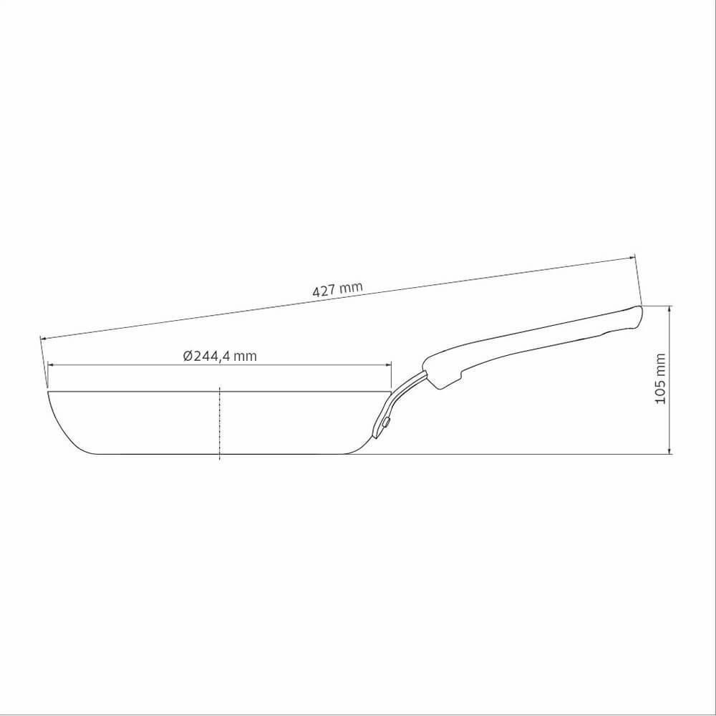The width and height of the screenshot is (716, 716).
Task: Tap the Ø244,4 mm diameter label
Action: click(220, 356)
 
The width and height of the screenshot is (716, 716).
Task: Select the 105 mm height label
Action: click(660, 379)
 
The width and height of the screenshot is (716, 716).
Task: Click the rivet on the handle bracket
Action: click(387, 422)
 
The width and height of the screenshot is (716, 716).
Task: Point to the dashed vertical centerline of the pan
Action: click(220, 423)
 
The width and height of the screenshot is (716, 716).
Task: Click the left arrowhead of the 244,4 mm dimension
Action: click(51, 365)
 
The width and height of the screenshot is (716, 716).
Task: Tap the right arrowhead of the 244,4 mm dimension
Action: click(388, 365)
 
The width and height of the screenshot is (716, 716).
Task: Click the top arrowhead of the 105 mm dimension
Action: click(669, 309)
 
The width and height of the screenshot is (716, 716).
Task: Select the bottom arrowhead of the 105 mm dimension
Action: click(669, 450)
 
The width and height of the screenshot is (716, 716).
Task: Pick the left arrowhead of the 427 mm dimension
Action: click(44, 339)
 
